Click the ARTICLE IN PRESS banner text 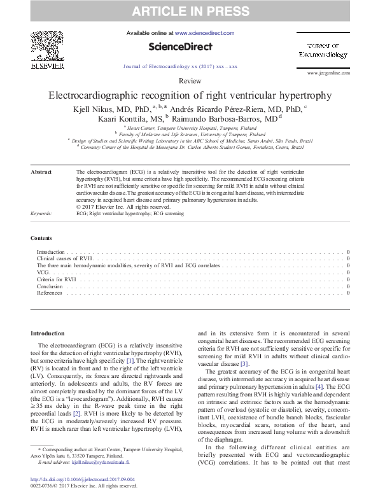tap(189, 11)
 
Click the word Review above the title tap(190, 82)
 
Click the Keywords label tap(42, 214)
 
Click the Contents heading tap(42, 238)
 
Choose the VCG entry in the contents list tap(44, 272)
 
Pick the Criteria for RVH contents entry tap(57, 279)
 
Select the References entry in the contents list tap(50, 293)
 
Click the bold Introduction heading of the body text tap(48, 333)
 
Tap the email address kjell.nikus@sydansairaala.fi tap(101, 462)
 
